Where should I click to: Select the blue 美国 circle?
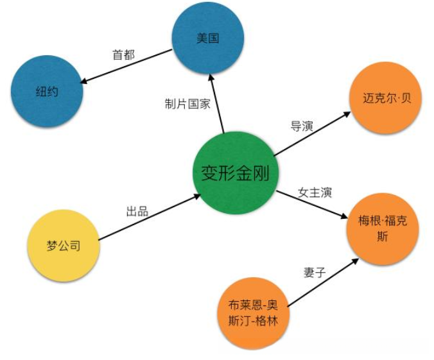[207, 39]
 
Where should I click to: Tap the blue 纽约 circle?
[46, 92]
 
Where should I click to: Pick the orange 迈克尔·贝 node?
[383, 99]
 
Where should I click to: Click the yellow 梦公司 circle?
[64, 246]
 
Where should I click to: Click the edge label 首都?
[123, 55]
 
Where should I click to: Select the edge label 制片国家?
[187, 104]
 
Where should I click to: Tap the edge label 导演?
[301, 126]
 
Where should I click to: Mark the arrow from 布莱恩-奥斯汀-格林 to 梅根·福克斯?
[321, 283]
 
